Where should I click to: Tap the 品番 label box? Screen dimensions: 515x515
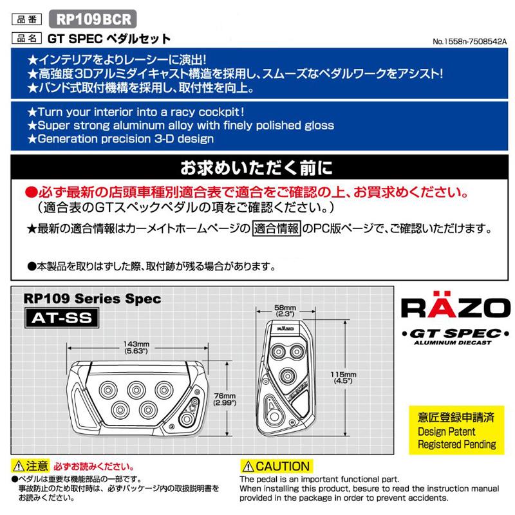coord(28,18)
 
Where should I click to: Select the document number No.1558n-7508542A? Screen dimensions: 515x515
coord(471,41)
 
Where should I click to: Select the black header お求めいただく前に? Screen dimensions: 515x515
coord(257,169)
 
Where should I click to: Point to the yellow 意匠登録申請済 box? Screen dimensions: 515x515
coord(456,417)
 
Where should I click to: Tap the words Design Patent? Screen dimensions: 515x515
coord(446,431)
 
